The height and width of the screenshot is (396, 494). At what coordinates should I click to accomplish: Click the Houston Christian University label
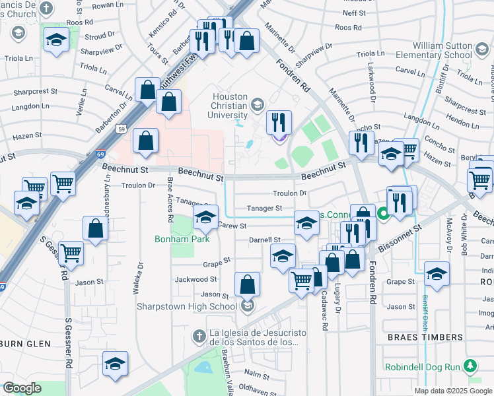[x=230, y=106]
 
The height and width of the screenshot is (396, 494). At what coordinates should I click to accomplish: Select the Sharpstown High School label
[x=186, y=306]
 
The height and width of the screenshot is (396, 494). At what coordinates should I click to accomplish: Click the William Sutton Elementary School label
[x=450, y=51]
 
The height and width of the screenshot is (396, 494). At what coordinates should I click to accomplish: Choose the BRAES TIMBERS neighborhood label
[x=425, y=337]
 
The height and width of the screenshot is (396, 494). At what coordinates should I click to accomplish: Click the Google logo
[x=22, y=388]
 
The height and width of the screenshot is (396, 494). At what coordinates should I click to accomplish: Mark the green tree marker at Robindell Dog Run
[x=470, y=365]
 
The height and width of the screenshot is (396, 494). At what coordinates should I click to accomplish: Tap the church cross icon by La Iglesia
[x=198, y=337]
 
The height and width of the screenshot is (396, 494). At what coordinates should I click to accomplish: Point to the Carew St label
[x=232, y=226]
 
